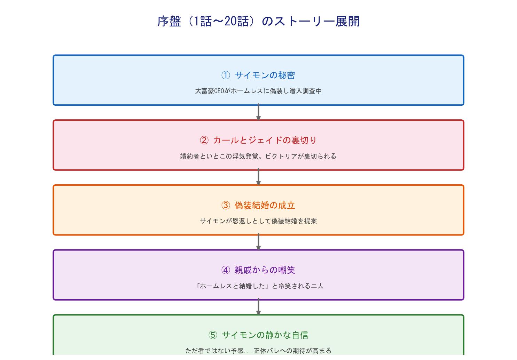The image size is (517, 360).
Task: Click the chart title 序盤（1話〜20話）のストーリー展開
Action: [x=258, y=21]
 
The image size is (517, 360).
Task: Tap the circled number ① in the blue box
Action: [x=226, y=75]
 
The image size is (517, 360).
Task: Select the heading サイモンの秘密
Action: [x=265, y=75]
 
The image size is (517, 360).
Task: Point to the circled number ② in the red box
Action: [x=204, y=140]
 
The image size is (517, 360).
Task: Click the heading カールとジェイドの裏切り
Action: [x=265, y=140]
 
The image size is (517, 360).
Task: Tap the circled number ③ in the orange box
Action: [x=226, y=205]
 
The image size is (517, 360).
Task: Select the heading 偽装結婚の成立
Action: [x=265, y=205]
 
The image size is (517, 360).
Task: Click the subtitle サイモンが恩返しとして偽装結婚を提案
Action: [x=258, y=221]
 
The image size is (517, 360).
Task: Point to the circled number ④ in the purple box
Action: [x=226, y=270]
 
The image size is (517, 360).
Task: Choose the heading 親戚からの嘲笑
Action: [x=265, y=270]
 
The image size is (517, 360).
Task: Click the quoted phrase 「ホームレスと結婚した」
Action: [x=232, y=286]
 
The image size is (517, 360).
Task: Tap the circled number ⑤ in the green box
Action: [x=213, y=335]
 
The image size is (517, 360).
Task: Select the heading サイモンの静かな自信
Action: [x=265, y=335]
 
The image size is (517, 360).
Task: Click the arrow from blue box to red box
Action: [x=258, y=112]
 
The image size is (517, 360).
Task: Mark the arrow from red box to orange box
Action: [x=258, y=177]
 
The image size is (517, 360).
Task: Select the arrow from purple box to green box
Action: [x=258, y=307]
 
